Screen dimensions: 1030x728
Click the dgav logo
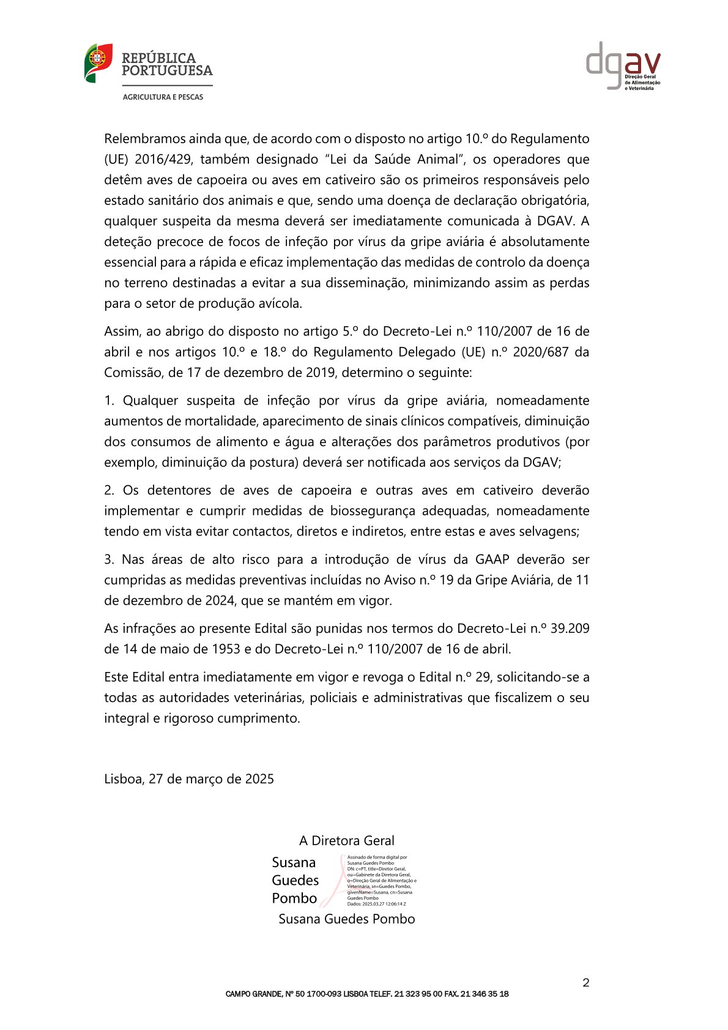[623, 65]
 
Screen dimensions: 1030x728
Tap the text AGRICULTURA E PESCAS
[163, 97]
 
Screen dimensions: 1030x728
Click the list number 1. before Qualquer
[110, 401]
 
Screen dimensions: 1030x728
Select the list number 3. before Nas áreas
[110, 560]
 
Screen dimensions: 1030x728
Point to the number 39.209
[570, 629]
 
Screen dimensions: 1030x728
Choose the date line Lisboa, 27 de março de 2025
[189, 779]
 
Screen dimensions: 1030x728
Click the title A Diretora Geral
[347, 841]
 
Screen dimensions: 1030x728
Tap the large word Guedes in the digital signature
[295, 881]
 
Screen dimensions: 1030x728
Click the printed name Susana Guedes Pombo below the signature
[347, 919]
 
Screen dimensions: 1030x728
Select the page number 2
[586, 983]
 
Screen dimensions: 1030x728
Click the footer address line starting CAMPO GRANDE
[367, 994]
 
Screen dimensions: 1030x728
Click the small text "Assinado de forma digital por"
[377, 857]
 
